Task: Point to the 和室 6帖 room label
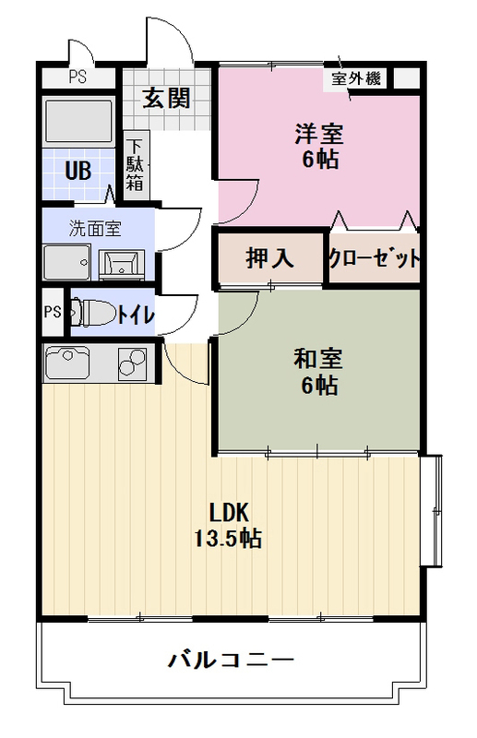pyautogui.click(x=319, y=372)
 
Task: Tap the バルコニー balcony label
pyautogui.click(x=231, y=660)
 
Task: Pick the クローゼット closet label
pyautogui.click(x=375, y=259)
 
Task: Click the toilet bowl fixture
pyautogui.click(x=93, y=314)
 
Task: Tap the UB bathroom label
pyautogui.click(x=76, y=170)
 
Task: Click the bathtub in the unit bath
pyautogui.click(x=78, y=121)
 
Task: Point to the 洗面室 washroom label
pyautogui.click(x=95, y=225)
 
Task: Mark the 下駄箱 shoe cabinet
pyautogui.click(x=136, y=164)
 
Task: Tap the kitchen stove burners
pyautogui.click(x=133, y=363)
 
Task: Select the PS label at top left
pyautogui.click(x=77, y=77)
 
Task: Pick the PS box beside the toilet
pyautogui.click(x=52, y=312)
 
